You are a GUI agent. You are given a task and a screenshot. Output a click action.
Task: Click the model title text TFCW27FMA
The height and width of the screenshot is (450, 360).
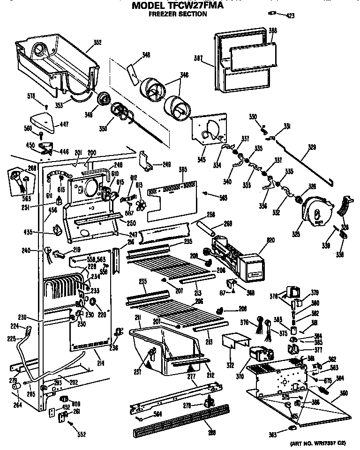point(197,6)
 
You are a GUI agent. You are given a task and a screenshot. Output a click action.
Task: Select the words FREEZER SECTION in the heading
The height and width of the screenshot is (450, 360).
point(178,15)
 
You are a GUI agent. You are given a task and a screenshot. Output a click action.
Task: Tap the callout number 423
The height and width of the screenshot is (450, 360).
point(290,16)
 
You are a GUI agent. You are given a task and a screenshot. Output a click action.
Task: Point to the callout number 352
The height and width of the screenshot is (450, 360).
point(97,43)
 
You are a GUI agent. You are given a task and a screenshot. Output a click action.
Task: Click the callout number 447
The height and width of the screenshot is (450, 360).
point(63,124)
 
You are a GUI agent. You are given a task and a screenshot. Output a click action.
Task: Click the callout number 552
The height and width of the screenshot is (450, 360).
point(82,435)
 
